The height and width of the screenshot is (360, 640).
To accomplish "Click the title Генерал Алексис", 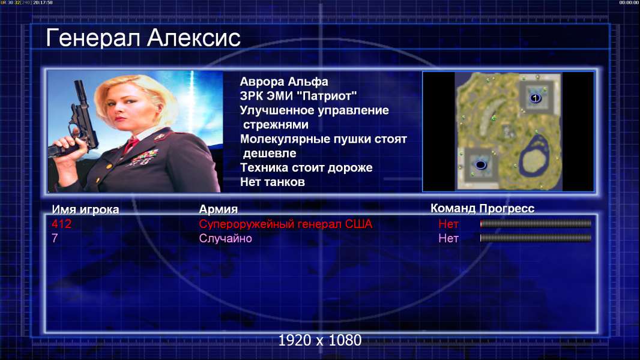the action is (143, 38).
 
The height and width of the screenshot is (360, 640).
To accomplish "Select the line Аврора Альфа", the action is (283, 82).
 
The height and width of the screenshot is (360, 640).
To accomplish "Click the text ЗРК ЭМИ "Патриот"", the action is (298, 96).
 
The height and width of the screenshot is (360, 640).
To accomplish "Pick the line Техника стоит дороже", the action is (306, 167).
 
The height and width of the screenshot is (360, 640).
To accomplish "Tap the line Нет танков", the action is (272, 182).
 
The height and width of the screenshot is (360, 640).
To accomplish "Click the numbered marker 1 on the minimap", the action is (535, 98).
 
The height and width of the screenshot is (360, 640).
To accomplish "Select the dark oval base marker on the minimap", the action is (481, 165).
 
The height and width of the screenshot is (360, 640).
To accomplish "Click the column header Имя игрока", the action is (85, 209).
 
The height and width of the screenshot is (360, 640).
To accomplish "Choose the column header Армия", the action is (218, 209).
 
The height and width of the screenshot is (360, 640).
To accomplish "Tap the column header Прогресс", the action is (507, 209).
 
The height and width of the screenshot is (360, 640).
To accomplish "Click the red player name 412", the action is (61, 224).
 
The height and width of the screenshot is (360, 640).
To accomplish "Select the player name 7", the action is (55, 238).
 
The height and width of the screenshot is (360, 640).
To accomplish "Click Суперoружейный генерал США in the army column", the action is (286, 224).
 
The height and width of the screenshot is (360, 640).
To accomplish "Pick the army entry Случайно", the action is (225, 238).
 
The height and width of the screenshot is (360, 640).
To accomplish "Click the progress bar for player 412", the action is (536, 223).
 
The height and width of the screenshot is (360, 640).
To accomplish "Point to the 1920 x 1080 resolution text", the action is (320, 340).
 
